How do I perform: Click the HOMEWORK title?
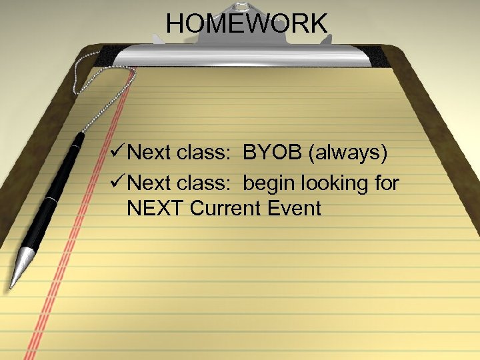(247, 24)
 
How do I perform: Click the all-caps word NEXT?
(155, 209)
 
